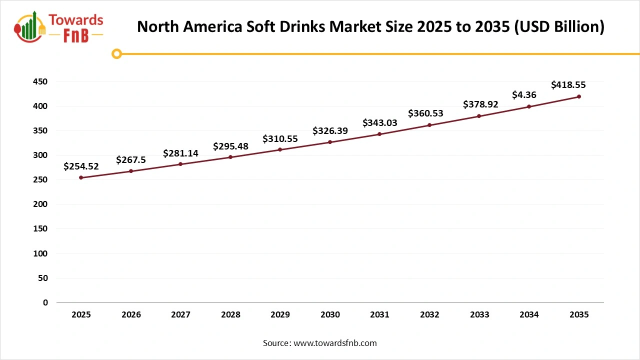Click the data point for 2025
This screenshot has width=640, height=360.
(81, 177)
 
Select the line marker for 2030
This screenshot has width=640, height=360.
(330, 142)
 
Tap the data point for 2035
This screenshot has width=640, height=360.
(579, 96)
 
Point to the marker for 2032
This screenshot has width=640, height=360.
(429, 125)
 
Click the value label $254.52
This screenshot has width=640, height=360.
(81, 166)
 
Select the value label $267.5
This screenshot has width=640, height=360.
(131, 160)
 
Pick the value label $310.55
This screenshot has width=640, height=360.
(280, 139)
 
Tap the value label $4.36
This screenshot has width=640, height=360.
(524, 94)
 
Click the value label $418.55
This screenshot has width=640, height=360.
(568, 85)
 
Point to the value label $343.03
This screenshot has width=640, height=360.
(379, 122)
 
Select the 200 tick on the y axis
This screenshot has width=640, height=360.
(41, 204)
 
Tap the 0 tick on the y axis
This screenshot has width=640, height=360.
(45, 302)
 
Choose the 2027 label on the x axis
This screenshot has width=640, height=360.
(180, 315)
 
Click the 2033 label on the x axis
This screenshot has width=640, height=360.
(479, 315)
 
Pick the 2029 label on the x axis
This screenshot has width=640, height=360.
(280, 315)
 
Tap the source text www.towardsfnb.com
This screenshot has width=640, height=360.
(335, 343)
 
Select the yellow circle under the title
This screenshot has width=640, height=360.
(116, 53)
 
